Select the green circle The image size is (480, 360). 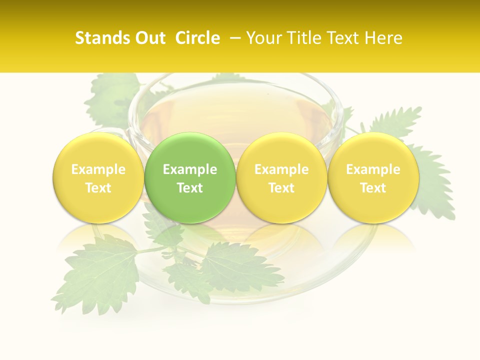click(x=190, y=178)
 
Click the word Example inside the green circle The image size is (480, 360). click(x=190, y=169)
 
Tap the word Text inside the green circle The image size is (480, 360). click(x=190, y=188)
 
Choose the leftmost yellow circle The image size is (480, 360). click(x=98, y=178)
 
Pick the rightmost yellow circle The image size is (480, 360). click(x=373, y=178)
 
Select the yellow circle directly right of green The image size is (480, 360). click(x=281, y=178)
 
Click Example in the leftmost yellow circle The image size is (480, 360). click(x=98, y=169)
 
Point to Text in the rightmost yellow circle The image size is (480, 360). click(x=373, y=188)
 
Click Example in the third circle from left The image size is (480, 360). click(x=281, y=169)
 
